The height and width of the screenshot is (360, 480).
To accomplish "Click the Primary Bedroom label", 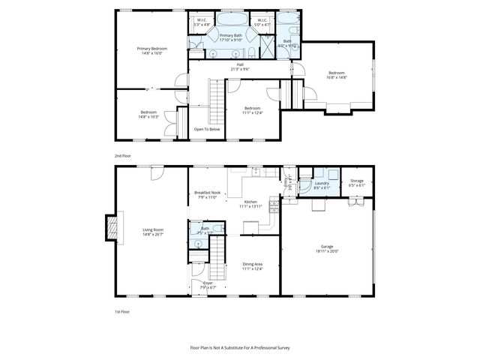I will click(152, 49).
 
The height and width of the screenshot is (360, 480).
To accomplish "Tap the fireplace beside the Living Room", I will click(112, 228).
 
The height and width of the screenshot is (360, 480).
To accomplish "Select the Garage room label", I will click(326, 246).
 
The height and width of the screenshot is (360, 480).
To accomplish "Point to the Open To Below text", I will click(207, 129).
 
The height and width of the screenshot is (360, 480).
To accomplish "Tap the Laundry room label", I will click(322, 183).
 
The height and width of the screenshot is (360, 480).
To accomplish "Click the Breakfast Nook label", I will click(207, 193).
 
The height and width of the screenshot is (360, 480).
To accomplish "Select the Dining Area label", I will click(252, 263).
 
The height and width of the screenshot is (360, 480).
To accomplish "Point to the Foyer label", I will click(207, 283).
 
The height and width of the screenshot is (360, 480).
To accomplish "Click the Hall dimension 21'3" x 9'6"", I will click(240, 69).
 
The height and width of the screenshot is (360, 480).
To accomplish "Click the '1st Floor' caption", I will click(121, 310).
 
